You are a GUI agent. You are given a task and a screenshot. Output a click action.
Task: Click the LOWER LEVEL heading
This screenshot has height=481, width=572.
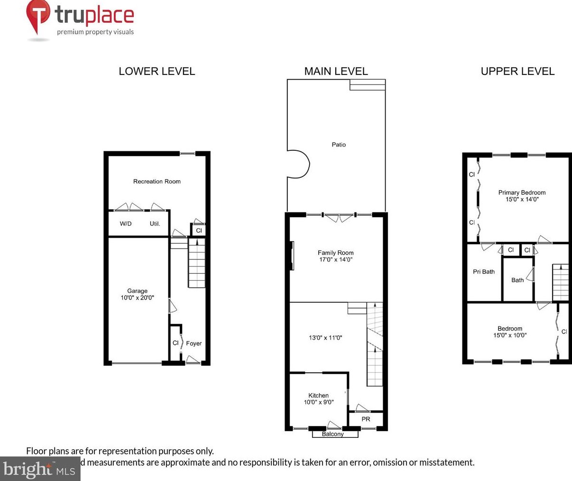(x=157, y=71)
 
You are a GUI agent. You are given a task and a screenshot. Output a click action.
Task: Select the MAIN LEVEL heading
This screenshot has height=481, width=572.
(x=336, y=71)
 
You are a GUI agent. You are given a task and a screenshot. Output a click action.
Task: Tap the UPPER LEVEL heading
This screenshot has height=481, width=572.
(x=517, y=71)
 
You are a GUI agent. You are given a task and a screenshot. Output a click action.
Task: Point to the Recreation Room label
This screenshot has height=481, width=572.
(x=157, y=181)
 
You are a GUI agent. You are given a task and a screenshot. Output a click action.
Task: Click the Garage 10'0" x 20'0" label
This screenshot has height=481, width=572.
(x=137, y=294)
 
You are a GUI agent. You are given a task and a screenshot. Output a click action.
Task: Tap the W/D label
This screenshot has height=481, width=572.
(x=126, y=223)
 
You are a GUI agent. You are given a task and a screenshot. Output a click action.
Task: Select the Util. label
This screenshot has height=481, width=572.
(x=155, y=223)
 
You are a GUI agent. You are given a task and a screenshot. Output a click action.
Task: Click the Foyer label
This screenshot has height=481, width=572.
(x=194, y=343)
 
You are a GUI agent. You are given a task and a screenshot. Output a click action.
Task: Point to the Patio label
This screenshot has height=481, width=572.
(x=339, y=145)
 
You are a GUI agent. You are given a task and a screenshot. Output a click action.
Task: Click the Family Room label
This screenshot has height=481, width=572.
(x=335, y=256)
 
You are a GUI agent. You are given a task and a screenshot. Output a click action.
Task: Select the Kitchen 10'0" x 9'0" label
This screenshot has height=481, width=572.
(x=318, y=398)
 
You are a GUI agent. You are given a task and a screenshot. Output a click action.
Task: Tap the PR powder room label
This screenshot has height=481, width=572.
(x=366, y=419)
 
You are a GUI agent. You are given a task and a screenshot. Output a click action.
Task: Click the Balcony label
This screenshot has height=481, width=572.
(x=332, y=434)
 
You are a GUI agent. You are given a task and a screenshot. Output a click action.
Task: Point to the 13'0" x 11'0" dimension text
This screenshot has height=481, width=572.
(x=325, y=338)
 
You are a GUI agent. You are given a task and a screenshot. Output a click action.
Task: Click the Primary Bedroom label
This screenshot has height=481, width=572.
(x=522, y=195)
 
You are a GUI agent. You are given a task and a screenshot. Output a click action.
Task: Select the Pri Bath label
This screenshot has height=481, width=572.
(x=484, y=272)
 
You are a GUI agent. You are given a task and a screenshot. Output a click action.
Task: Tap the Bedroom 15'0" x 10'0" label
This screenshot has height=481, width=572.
(x=510, y=332)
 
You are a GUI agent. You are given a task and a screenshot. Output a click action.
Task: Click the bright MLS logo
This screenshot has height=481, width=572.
(x=40, y=469)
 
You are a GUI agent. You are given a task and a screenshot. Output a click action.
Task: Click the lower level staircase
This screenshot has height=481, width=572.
(x=197, y=263)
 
